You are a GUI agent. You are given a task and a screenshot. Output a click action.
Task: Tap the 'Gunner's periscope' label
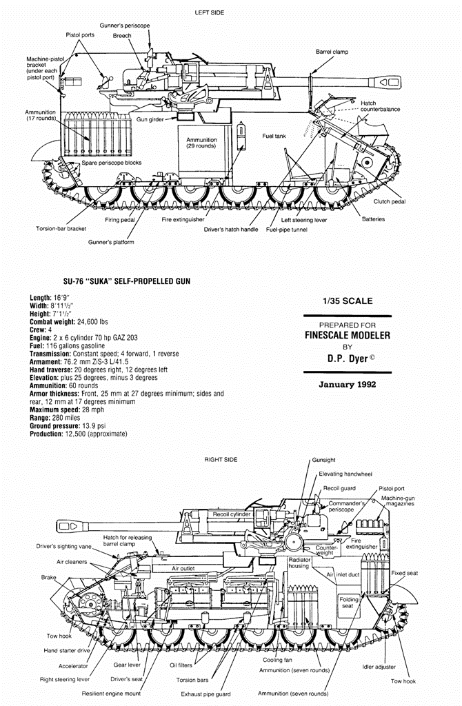point(123,25)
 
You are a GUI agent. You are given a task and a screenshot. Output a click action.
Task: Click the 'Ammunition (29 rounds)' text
point(201,143)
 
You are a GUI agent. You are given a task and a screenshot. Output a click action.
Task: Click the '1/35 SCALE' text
point(348,301)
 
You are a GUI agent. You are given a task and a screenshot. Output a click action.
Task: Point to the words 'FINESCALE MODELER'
point(348,335)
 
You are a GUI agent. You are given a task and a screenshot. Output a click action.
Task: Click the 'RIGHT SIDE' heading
point(221,458)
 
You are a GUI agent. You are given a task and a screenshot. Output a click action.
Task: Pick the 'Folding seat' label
point(348,602)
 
